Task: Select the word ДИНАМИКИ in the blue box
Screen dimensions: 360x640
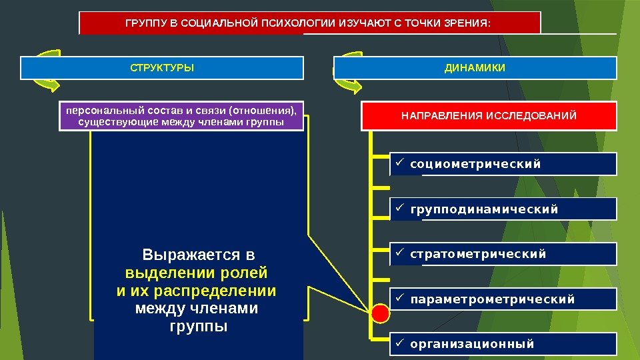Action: click(475, 68)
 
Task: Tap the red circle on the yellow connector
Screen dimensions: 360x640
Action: click(380, 311)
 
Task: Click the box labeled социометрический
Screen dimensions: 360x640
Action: click(503, 164)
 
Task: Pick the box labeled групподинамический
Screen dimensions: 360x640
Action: click(503, 209)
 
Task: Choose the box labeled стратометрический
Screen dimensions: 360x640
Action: click(503, 254)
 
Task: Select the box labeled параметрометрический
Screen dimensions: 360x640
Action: click(503, 299)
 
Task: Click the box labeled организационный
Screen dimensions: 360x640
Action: click(503, 344)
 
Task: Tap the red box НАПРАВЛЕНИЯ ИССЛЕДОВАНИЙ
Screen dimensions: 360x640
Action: click(489, 117)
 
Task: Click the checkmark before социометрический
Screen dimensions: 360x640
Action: click(399, 163)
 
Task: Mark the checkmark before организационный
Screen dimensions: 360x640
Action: click(399, 343)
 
